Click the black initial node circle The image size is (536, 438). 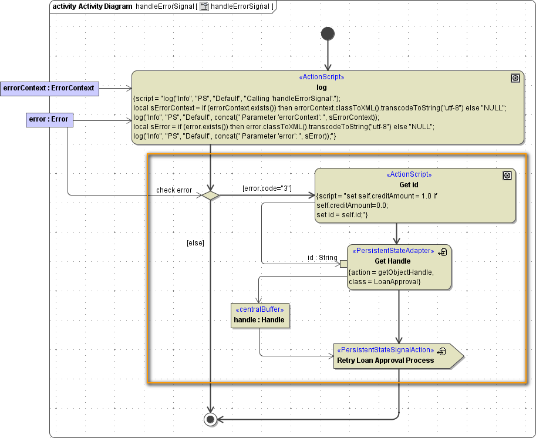pyautogui.click(x=328, y=33)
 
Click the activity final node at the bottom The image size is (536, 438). pyautogui.click(x=210, y=419)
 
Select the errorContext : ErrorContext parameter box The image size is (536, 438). pyautogui.click(x=49, y=88)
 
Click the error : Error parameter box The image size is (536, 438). pyautogui.click(x=48, y=120)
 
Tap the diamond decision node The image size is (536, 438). pyautogui.click(x=210, y=195)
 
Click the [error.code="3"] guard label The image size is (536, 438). pyautogui.click(x=267, y=188)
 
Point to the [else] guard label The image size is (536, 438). pyautogui.click(x=195, y=242)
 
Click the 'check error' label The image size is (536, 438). pyautogui.click(x=174, y=190)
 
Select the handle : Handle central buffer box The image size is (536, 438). pyautogui.click(x=259, y=315)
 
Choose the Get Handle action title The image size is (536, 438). pyautogui.click(x=392, y=261)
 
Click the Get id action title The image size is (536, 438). pyautogui.click(x=409, y=185)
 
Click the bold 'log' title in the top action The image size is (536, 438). pyautogui.click(x=321, y=87)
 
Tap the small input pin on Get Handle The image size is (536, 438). pyautogui.click(x=343, y=264)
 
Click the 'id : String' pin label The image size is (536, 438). pyautogui.click(x=322, y=258)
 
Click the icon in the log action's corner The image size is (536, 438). pyautogui.click(x=515, y=78)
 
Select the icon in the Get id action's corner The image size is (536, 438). pyautogui.click(x=507, y=176)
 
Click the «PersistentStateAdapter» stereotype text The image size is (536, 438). pyautogui.click(x=393, y=251)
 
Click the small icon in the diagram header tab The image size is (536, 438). pyautogui.click(x=204, y=6)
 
